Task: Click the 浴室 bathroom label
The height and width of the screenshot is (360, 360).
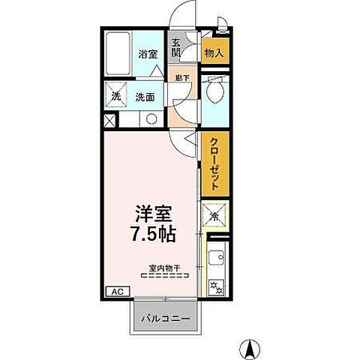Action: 147,54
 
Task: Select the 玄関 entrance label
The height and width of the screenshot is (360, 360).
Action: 175,49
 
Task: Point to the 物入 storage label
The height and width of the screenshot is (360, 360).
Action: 214,52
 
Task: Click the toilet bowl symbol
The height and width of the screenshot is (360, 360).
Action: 214,92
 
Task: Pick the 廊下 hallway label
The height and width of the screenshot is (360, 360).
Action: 180,77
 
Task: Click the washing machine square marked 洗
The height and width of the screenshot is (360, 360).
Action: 116,96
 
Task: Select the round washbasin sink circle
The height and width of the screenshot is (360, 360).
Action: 150,118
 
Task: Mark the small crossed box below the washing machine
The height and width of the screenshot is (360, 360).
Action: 110,120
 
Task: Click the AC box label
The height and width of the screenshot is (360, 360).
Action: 116,291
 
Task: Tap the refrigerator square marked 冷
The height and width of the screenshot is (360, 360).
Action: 214,217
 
